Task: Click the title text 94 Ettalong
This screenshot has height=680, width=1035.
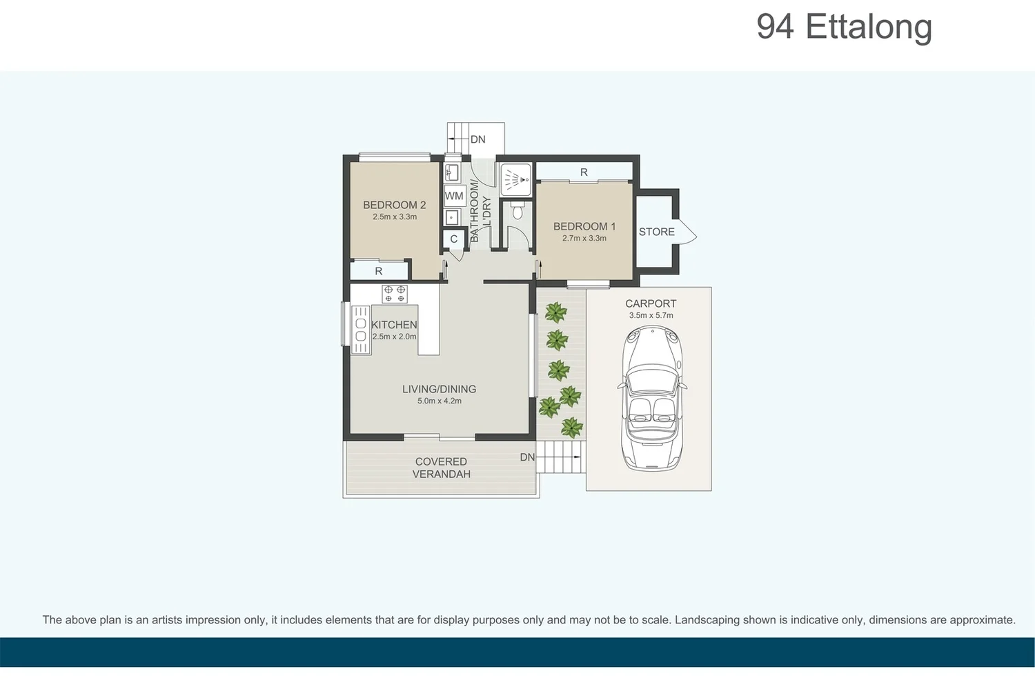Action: coord(844,28)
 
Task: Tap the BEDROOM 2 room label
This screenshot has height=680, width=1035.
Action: coord(394,205)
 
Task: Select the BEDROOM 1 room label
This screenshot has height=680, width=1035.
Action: coord(584,226)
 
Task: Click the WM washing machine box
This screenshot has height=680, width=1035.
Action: coord(454,196)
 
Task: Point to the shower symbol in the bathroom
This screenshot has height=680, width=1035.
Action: coord(515,179)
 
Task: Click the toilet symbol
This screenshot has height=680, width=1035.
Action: coord(518,210)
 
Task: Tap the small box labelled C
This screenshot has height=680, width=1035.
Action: coord(453,239)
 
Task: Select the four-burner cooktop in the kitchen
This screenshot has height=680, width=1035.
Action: coord(395,294)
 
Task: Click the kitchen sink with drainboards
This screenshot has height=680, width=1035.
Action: coord(360,330)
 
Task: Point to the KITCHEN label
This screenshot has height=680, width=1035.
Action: coord(394,325)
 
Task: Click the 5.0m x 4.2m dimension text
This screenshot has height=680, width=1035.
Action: coord(439,401)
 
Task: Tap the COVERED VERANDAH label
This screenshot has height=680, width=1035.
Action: coord(442,468)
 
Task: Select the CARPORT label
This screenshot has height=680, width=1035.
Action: coord(651,303)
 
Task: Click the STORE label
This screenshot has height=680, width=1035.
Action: coord(656,232)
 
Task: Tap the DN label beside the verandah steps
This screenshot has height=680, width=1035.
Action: coord(527,457)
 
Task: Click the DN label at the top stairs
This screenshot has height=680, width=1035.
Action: coord(477,139)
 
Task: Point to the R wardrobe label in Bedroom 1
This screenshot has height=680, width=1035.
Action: coord(584,172)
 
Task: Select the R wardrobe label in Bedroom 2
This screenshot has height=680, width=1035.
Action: coord(378,271)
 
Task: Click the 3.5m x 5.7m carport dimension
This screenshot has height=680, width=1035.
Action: coord(651,315)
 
